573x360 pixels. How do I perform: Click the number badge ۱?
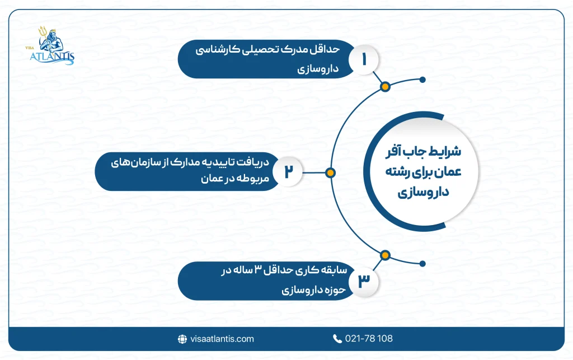click(x=363, y=59)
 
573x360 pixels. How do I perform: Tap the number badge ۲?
click(x=288, y=171)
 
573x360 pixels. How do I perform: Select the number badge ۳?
click(x=363, y=282)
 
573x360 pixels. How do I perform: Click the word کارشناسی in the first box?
click(x=218, y=50)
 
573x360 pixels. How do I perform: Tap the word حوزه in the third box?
click(x=335, y=290)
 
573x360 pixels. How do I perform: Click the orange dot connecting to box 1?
click(x=385, y=87)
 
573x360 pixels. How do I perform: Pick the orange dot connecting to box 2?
click(x=330, y=173)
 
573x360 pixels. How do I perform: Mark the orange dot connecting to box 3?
click(x=385, y=255)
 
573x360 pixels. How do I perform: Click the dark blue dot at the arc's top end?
click(x=422, y=80)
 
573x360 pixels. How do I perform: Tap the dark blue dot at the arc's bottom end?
click(x=422, y=264)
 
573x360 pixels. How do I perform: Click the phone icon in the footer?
click(x=337, y=339)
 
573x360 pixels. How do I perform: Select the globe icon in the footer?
click(x=182, y=339)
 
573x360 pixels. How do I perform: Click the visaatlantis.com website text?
click(x=222, y=339)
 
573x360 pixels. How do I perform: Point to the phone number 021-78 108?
click(x=369, y=338)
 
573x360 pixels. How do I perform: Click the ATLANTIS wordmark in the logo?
click(x=52, y=57)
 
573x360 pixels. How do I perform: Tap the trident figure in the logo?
click(x=50, y=40)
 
